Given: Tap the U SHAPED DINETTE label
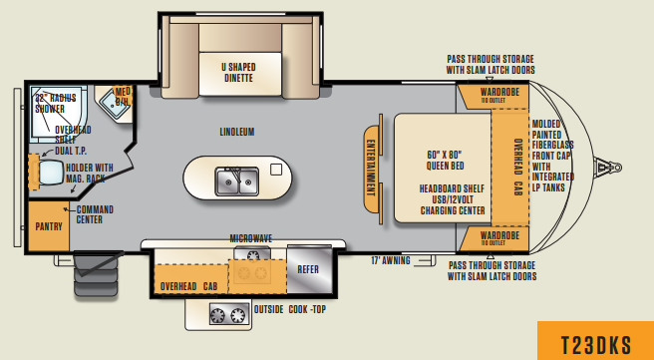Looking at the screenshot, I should pyautogui.click(x=238, y=72).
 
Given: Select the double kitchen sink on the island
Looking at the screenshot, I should pyautogui.click(x=237, y=180).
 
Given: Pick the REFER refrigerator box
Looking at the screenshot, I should pyautogui.click(x=304, y=268).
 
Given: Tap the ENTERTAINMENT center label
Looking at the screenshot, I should pyautogui.click(x=371, y=171).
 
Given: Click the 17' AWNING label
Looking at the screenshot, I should pyautogui.click(x=392, y=260).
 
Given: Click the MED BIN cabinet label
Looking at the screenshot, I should pyautogui.click(x=123, y=97).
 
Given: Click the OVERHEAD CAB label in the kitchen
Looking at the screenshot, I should pyautogui.click(x=188, y=285).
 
